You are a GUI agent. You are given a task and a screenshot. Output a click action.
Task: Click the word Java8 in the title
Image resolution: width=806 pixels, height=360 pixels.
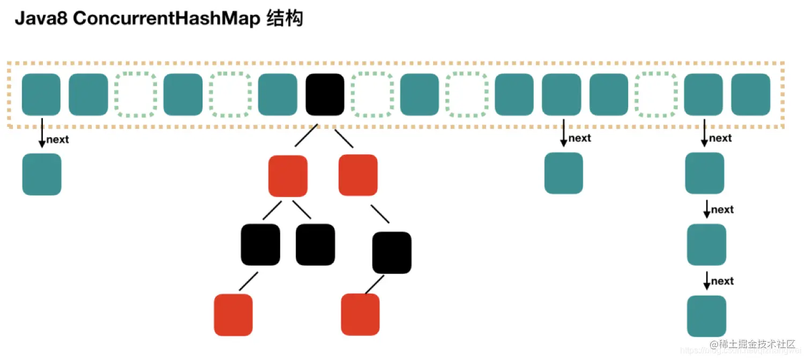[x=41, y=19]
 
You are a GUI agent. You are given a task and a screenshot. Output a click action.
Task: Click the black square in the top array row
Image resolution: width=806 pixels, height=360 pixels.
[x=325, y=95]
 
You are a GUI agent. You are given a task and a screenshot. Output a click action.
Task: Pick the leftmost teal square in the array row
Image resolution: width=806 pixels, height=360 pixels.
[x=41, y=95]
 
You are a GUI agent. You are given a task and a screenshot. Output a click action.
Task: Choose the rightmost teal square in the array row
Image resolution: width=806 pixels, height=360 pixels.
[x=751, y=95]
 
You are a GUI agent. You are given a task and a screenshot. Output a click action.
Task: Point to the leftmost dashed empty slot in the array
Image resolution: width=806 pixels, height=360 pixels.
[x=136, y=95]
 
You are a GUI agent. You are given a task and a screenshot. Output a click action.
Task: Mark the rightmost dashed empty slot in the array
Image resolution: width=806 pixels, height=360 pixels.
[x=656, y=95]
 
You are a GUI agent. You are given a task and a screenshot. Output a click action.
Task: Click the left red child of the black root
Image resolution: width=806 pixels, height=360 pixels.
[x=288, y=176]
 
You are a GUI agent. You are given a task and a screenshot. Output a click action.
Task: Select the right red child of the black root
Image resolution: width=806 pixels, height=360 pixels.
[x=358, y=175]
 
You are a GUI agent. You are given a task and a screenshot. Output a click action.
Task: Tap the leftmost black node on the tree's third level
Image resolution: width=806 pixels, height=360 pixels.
[x=260, y=245]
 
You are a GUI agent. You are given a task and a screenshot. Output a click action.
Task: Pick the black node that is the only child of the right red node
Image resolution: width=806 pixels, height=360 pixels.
[x=392, y=252]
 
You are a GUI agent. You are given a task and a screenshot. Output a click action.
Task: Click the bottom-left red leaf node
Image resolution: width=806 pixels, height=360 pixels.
[x=233, y=314]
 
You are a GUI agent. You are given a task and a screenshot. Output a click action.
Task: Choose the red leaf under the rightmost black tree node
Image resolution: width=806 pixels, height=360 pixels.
[x=360, y=314]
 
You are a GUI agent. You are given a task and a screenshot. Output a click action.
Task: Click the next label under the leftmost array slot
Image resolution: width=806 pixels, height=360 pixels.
[x=58, y=140]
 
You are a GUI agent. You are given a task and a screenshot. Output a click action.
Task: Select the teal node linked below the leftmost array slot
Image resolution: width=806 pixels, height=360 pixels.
[x=42, y=174]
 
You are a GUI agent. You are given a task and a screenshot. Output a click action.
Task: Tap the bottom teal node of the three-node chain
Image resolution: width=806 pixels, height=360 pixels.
[x=707, y=316]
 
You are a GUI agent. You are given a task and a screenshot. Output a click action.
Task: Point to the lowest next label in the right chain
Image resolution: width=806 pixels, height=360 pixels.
[x=722, y=281]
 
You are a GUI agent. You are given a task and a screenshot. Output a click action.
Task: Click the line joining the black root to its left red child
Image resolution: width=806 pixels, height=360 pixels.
[x=305, y=137]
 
